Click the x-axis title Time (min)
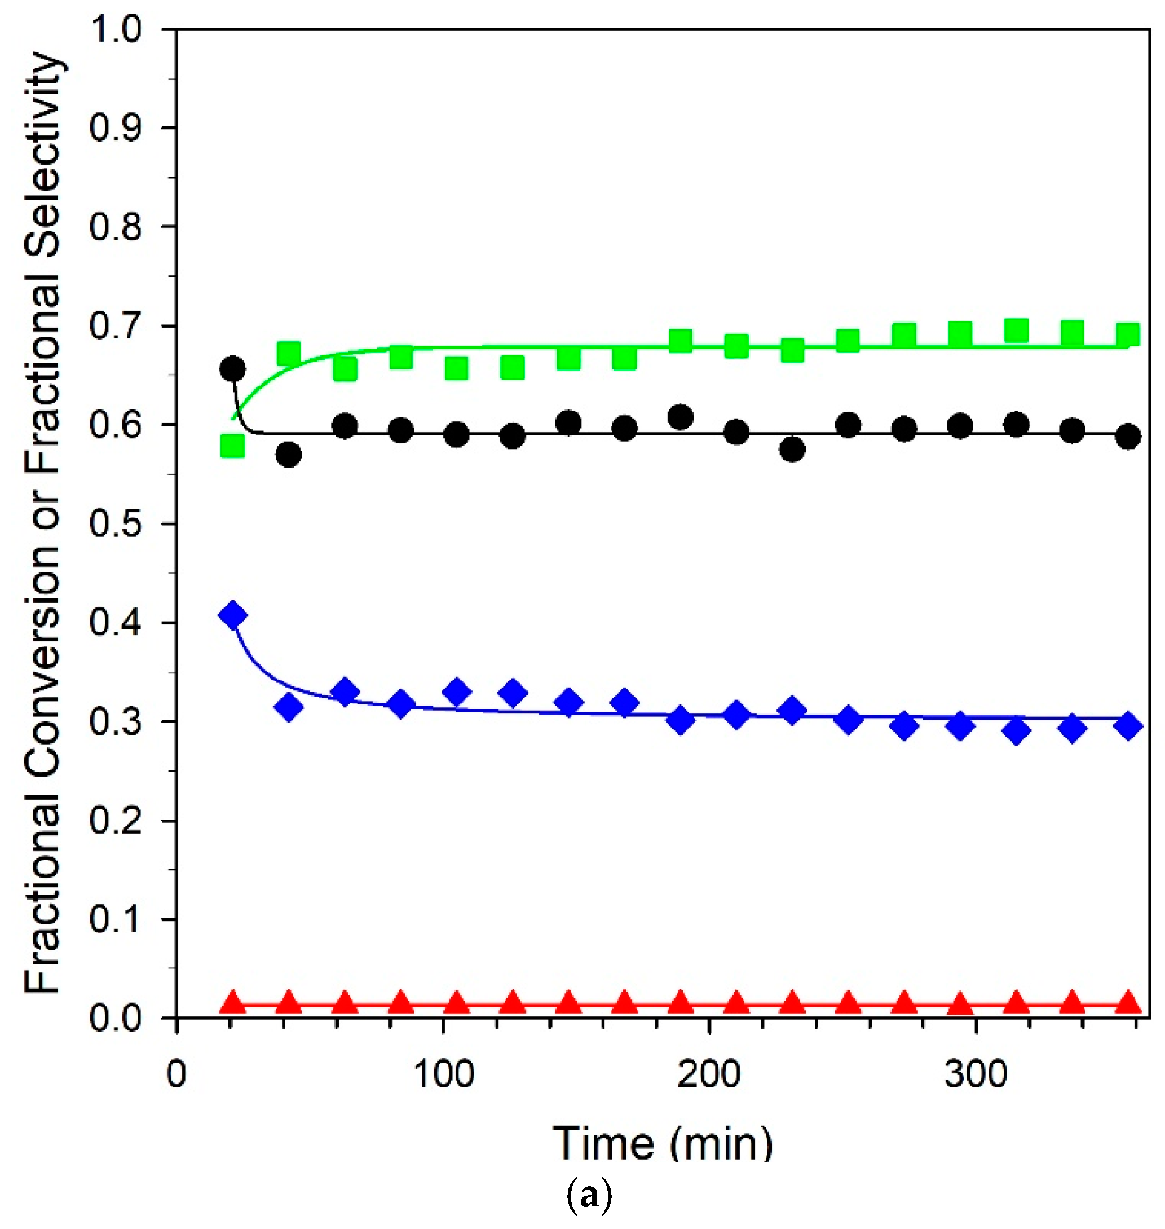(x=663, y=1143)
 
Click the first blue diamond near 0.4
(x=233, y=615)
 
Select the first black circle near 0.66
(x=233, y=369)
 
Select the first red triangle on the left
(x=233, y=1001)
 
